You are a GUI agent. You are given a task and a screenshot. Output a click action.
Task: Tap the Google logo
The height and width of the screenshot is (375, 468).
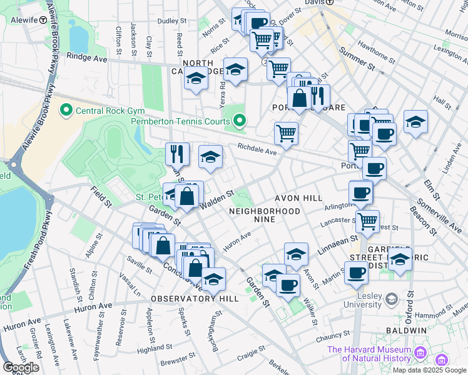click(x=21, y=367)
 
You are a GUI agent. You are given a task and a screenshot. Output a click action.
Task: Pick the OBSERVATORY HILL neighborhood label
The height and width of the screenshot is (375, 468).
click(x=195, y=299)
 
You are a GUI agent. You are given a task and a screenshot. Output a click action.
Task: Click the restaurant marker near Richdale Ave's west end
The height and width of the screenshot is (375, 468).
click(x=178, y=154)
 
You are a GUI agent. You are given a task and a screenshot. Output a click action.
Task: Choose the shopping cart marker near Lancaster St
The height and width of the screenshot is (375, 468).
click(x=367, y=221)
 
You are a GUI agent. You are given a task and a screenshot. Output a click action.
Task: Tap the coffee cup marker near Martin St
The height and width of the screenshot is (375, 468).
click(x=356, y=273)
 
